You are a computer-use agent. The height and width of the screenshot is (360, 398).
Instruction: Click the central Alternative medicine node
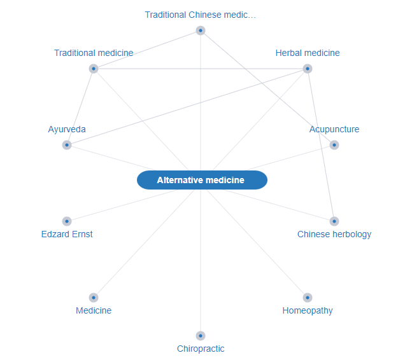point(201,180)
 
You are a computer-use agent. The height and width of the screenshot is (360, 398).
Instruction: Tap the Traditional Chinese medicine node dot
point(201,31)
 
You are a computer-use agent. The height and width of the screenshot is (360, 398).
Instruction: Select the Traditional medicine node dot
point(94,69)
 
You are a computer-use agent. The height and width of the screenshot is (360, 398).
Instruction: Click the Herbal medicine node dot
point(308,69)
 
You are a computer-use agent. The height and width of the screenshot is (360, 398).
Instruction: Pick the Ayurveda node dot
point(67,145)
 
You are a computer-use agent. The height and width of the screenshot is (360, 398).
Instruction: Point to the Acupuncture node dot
point(334,145)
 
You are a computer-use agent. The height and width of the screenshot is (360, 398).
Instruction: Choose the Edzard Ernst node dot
point(67,221)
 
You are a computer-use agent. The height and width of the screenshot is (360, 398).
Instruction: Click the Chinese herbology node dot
point(334,221)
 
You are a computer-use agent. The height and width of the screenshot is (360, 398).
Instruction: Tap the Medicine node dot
point(94,298)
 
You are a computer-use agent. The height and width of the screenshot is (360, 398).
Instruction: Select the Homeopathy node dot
point(308,298)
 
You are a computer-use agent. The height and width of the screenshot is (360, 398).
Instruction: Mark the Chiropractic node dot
point(201,336)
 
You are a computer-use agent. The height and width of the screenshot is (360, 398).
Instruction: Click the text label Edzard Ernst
point(67,234)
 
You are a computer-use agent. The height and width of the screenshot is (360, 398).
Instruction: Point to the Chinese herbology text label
point(334,234)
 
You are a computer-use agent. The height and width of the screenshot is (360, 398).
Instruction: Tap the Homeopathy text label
point(308,310)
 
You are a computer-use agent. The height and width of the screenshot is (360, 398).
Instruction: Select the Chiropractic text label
point(201,349)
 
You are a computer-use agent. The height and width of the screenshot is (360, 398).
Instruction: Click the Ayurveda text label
point(67,129)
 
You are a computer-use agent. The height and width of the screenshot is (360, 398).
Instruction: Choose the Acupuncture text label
point(334,129)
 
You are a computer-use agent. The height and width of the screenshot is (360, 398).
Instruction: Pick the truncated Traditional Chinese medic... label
point(201,15)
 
